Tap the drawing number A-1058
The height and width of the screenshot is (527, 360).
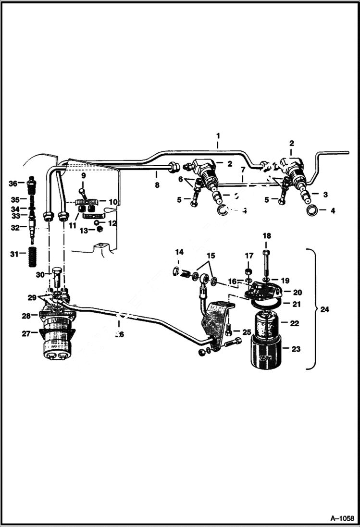coord(342,518)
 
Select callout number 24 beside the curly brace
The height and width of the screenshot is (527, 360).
coord(325,310)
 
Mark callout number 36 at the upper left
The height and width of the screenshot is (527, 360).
coord(13,183)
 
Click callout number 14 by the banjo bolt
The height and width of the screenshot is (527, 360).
coord(179,252)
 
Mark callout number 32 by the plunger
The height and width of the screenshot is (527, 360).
coord(15,228)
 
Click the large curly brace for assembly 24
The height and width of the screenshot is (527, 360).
coord(311,310)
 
